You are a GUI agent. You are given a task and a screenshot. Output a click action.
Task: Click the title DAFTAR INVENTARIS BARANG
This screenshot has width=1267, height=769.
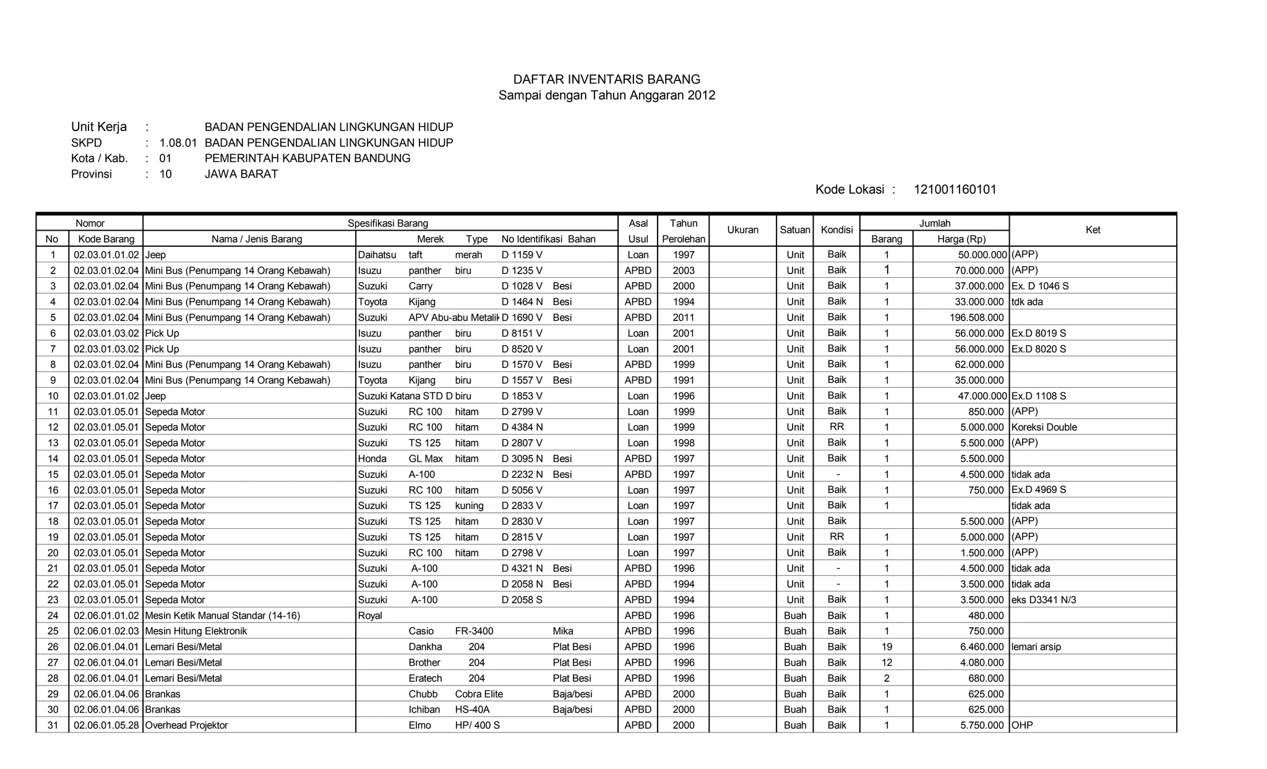coord(606,79)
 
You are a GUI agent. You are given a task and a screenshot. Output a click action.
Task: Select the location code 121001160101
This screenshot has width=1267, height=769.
coord(955,190)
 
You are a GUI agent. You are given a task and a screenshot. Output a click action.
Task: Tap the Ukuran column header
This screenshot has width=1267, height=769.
coord(742,230)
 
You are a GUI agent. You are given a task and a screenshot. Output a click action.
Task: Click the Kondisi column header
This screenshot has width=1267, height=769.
coord(836,230)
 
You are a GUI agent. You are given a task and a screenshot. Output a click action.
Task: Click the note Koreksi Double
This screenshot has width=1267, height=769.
coord(1044,427)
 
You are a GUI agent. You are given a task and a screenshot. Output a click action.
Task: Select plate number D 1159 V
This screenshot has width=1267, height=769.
coord(522,255)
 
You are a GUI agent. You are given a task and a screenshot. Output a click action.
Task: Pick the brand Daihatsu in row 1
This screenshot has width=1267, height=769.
coord(377,255)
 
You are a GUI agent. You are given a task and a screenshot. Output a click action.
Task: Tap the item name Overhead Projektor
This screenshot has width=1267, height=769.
coord(186,725)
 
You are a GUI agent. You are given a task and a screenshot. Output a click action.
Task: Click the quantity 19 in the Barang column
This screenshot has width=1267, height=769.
coord(887,647)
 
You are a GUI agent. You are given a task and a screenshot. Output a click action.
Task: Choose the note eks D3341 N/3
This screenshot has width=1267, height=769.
coord(1044,599)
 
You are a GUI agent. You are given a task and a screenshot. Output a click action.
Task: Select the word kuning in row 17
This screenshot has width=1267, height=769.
coord(469,505)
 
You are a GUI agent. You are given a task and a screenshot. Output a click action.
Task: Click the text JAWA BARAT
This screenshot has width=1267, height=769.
coord(241,174)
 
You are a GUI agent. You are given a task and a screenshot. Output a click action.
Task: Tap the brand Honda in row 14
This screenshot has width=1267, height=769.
coord(372,458)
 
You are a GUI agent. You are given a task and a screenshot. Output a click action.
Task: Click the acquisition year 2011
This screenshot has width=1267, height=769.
coord(684,317)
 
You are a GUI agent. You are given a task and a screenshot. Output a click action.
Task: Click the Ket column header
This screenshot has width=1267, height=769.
coord(1093,230)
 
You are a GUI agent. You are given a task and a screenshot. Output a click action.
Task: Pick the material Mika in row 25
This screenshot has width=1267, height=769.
coord(562,631)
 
